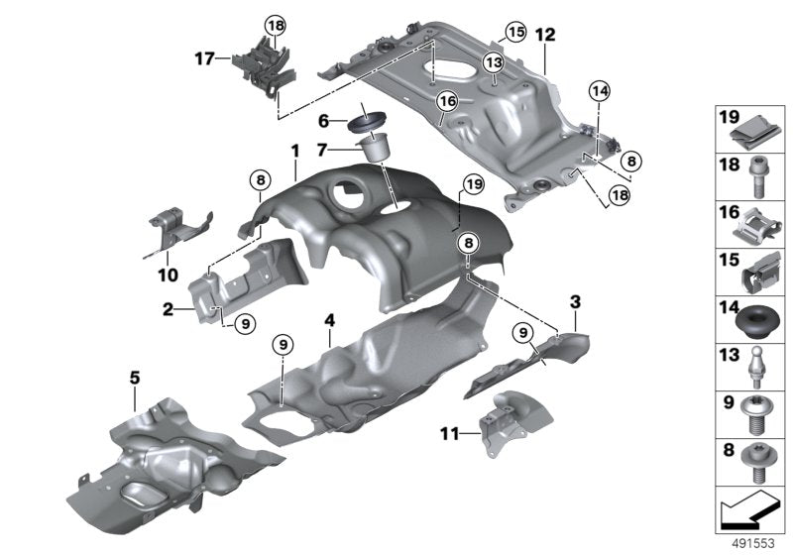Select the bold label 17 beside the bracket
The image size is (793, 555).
click(204, 58)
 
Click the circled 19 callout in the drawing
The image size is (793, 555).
click(473, 184)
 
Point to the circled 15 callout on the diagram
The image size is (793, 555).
click(513, 33)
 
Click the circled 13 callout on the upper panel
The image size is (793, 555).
click(494, 62)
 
